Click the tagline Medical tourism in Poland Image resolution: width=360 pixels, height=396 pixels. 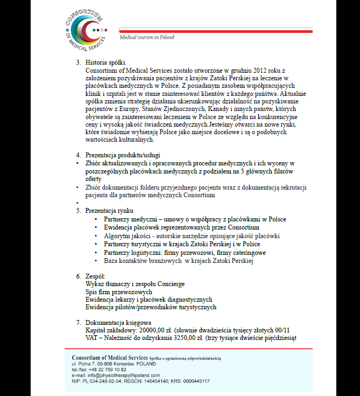(147, 37)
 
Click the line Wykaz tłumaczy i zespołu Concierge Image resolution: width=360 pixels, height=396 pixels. (135, 284)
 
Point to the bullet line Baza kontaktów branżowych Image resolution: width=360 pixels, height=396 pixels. (178, 261)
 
